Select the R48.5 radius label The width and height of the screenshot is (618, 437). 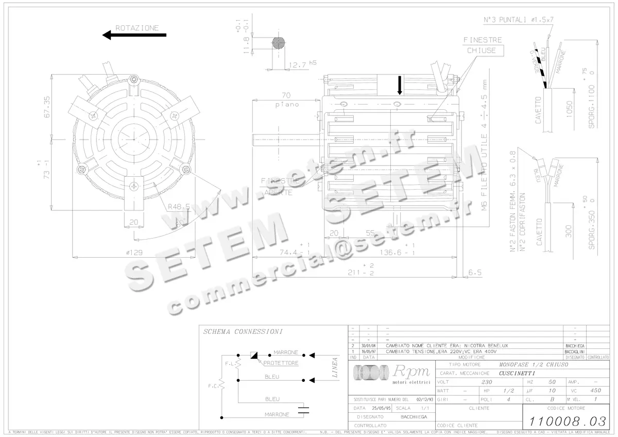(x=179, y=207)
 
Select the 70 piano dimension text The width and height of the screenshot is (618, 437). (x=286, y=99)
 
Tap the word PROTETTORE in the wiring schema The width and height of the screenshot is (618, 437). (x=281, y=363)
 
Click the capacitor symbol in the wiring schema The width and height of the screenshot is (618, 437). (x=305, y=411)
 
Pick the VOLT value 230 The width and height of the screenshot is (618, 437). (x=486, y=382)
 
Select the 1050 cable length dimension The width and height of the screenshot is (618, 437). (x=569, y=109)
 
